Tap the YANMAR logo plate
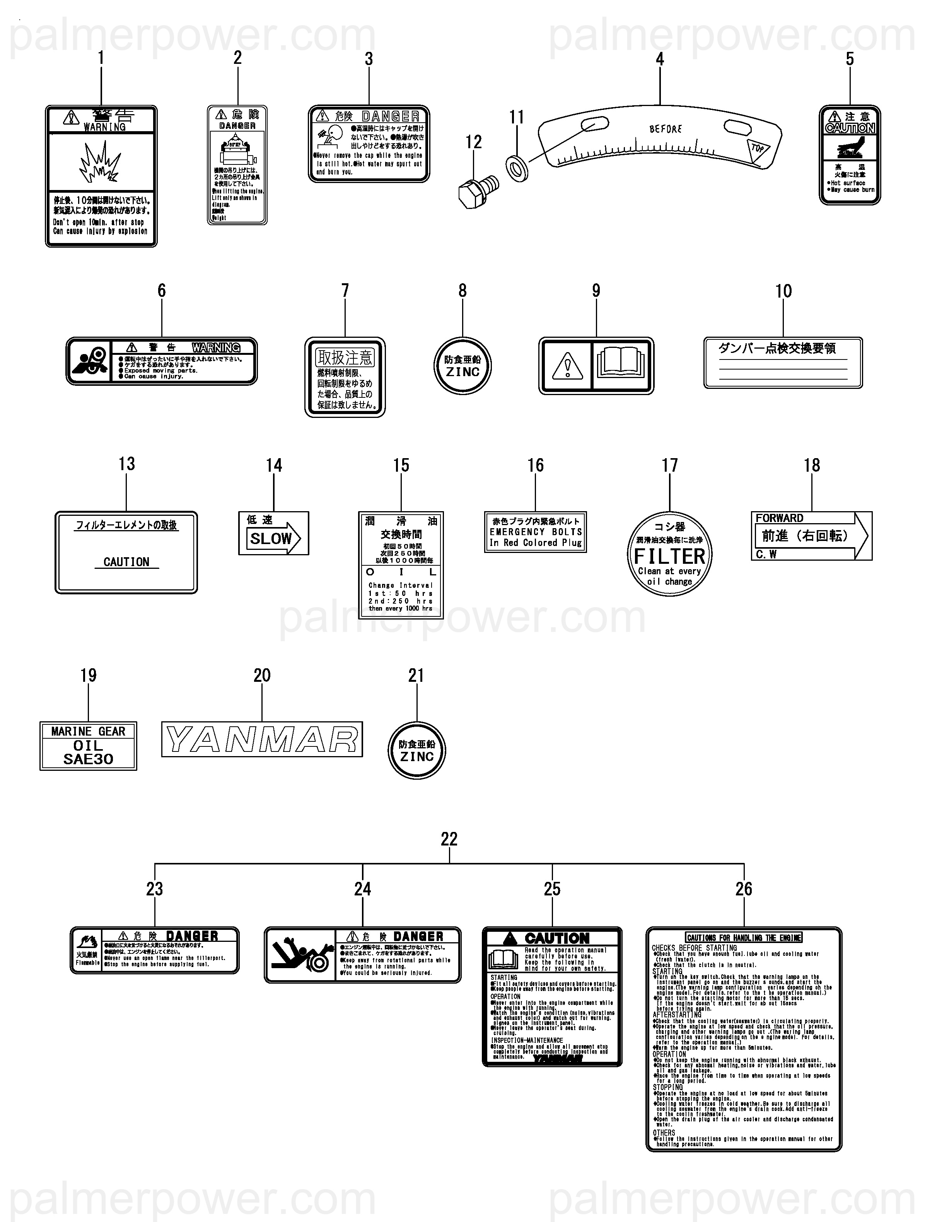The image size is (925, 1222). pos(262,739)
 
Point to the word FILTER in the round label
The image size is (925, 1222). pos(669,556)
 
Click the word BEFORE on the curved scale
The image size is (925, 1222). pos(666,129)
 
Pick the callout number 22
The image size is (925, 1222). pos(449,839)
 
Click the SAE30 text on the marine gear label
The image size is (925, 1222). pos(88,759)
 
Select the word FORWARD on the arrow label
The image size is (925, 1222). pos(779,518)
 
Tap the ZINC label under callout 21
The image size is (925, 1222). pos(416,751)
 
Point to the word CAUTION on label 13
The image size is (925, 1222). pos(126,562)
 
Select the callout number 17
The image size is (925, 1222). pos(669,465)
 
